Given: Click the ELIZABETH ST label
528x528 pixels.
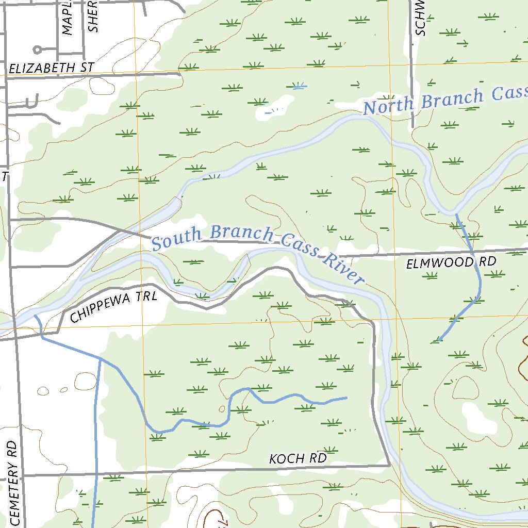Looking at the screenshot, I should (52, 68).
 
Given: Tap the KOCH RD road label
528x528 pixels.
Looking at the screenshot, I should (298, 458).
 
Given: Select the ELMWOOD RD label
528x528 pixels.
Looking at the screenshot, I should (451, 262).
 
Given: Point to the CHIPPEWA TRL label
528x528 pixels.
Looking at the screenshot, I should (112, 307).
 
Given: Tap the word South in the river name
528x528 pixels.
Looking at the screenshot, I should (176, 239).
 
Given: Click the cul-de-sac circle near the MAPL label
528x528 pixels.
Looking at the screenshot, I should (37, 50).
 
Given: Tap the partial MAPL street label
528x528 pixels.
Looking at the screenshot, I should (68, 21).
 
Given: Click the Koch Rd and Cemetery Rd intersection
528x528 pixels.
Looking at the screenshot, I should (22, 475).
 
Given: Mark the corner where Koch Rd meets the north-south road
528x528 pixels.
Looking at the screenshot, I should (389, 465).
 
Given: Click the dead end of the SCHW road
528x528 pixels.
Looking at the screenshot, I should (412, 127).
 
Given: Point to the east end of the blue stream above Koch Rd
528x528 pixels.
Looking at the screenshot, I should (346, 398).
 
